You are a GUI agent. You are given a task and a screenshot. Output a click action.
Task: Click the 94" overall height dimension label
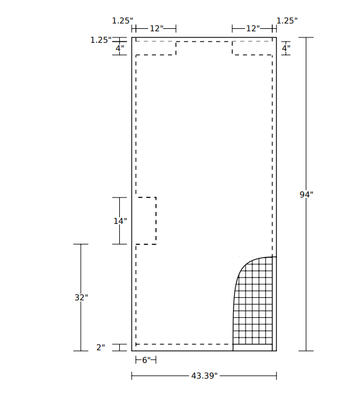[x=306, y=194]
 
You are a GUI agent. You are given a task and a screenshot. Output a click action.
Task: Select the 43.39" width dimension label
[x=204, y=376]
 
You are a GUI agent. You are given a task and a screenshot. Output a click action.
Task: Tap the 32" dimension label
[x=81, y=297]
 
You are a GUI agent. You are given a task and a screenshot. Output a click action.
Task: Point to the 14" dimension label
[x=120, y=221]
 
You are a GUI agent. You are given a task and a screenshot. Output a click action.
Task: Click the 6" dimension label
[x=146, y=360]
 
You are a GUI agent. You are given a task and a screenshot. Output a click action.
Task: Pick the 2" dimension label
[x=101, y=347]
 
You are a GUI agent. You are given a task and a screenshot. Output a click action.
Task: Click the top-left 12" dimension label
[x=157, y=28]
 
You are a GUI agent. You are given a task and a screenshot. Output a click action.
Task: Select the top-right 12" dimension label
[x=253, y=28]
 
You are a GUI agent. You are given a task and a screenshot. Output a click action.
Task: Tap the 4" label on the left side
[x=120, y=48]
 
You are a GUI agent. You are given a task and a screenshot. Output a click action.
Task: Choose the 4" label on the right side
[x=286, y=48]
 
